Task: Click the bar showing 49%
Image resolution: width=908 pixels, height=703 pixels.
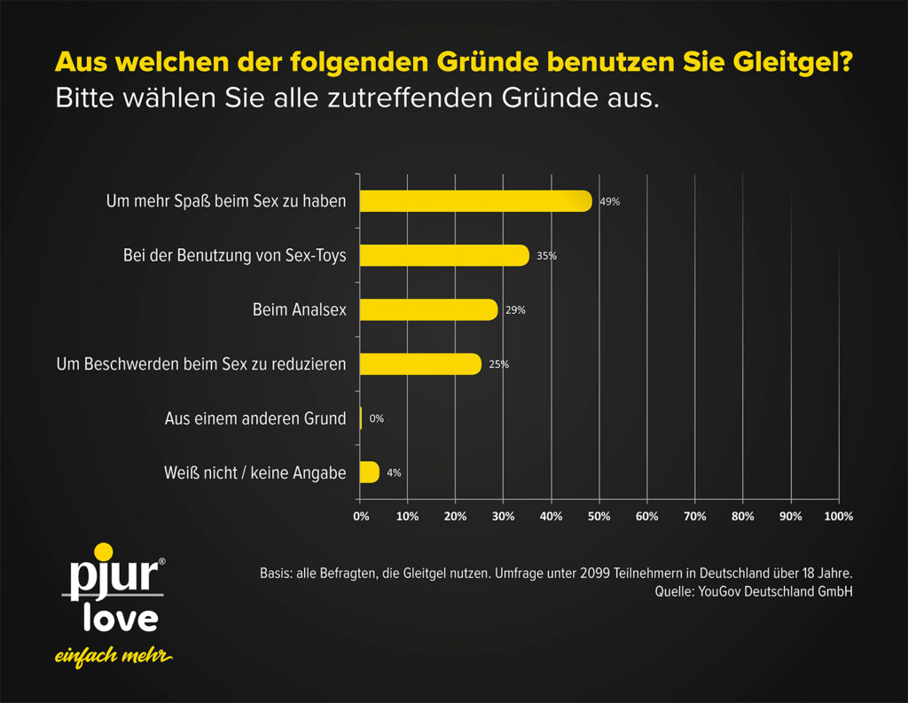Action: (474, 201)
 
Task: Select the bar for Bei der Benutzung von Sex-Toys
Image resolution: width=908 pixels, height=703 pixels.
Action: (443, 255)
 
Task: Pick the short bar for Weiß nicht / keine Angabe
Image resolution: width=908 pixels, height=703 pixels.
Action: (369, 473)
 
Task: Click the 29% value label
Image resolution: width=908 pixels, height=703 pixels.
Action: (515, 310)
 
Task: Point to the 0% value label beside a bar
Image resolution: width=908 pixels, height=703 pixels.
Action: (376, 418)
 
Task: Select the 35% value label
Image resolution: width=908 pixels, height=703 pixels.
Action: (546, 256)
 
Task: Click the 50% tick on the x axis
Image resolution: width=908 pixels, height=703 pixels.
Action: (599, 516)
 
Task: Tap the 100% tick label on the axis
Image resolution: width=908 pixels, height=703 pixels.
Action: (838, 516)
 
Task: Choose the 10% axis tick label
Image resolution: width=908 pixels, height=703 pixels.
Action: (408, 516)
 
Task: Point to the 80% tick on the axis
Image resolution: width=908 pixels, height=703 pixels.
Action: (743, 516)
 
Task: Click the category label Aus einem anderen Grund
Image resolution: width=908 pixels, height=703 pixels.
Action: (255, 418)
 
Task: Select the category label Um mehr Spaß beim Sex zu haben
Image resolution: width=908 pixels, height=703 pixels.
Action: (226, 201)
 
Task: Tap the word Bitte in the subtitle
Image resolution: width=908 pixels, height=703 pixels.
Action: (84, 98)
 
